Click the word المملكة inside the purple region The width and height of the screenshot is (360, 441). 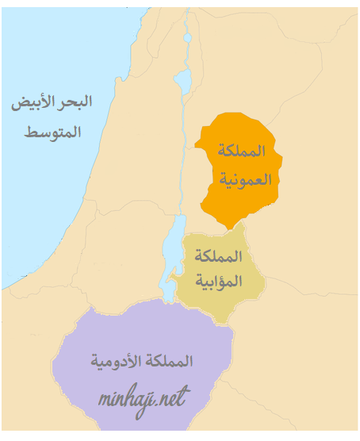click(170, 361)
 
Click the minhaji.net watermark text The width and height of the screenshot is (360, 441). click(143, 398)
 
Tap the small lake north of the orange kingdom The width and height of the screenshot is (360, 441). click(183, 79)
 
